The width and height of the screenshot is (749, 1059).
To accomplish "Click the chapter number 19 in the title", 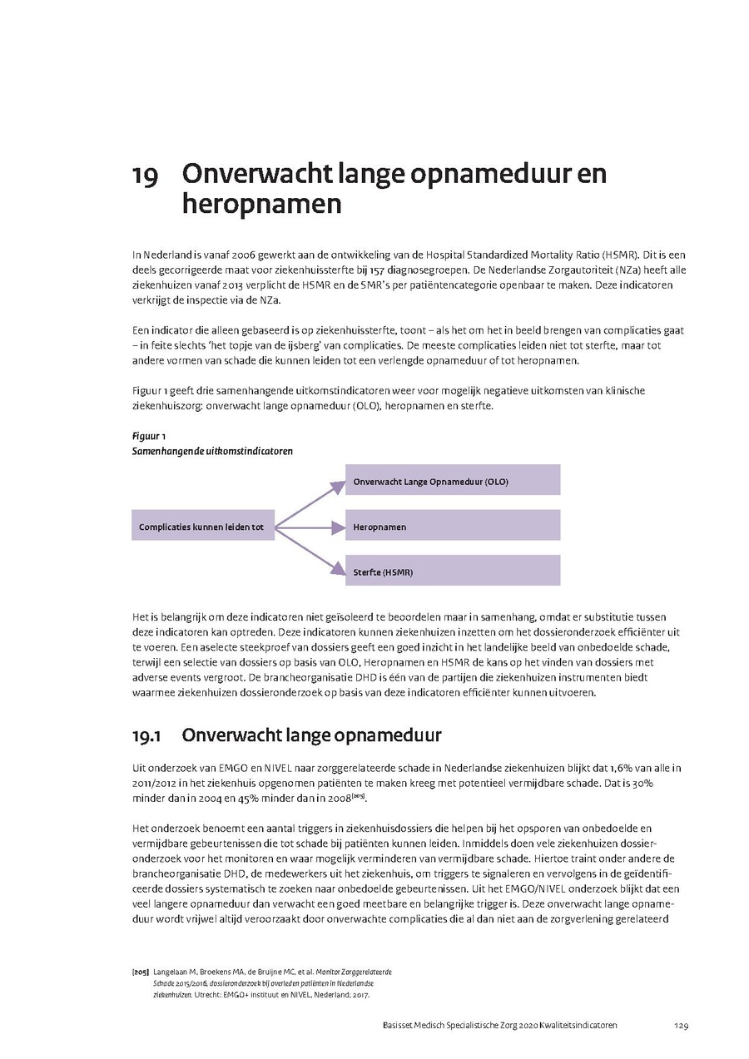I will tap(145, 176).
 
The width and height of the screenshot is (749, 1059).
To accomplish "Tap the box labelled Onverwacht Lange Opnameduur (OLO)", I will tap(452, 481).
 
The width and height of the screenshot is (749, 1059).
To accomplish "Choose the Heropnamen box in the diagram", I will tap(452, 527).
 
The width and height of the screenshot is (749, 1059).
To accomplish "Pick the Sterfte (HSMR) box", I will tap(452, 572).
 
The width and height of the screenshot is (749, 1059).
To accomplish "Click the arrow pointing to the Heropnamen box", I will tap(310, 527).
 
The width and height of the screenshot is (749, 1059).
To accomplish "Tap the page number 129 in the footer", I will tap(682, 1026).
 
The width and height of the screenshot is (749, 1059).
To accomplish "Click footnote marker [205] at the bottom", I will tap(140, 972).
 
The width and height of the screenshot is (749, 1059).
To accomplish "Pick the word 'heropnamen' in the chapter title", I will tap(261, 205).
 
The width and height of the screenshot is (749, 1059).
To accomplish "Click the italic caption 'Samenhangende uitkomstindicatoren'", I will tap(212, 451).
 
